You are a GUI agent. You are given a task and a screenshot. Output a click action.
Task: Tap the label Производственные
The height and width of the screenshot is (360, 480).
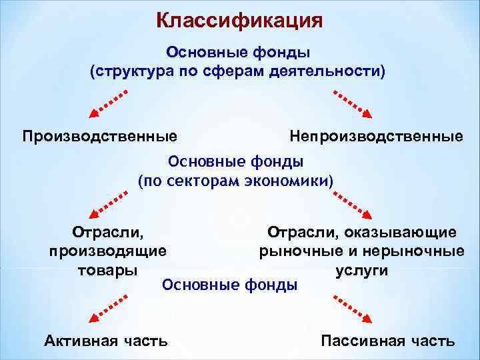pyautogui.click(x=100, y=137)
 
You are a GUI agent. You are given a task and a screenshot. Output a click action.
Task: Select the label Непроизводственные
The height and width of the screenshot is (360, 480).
pyautogui.click(x=376, y=137)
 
